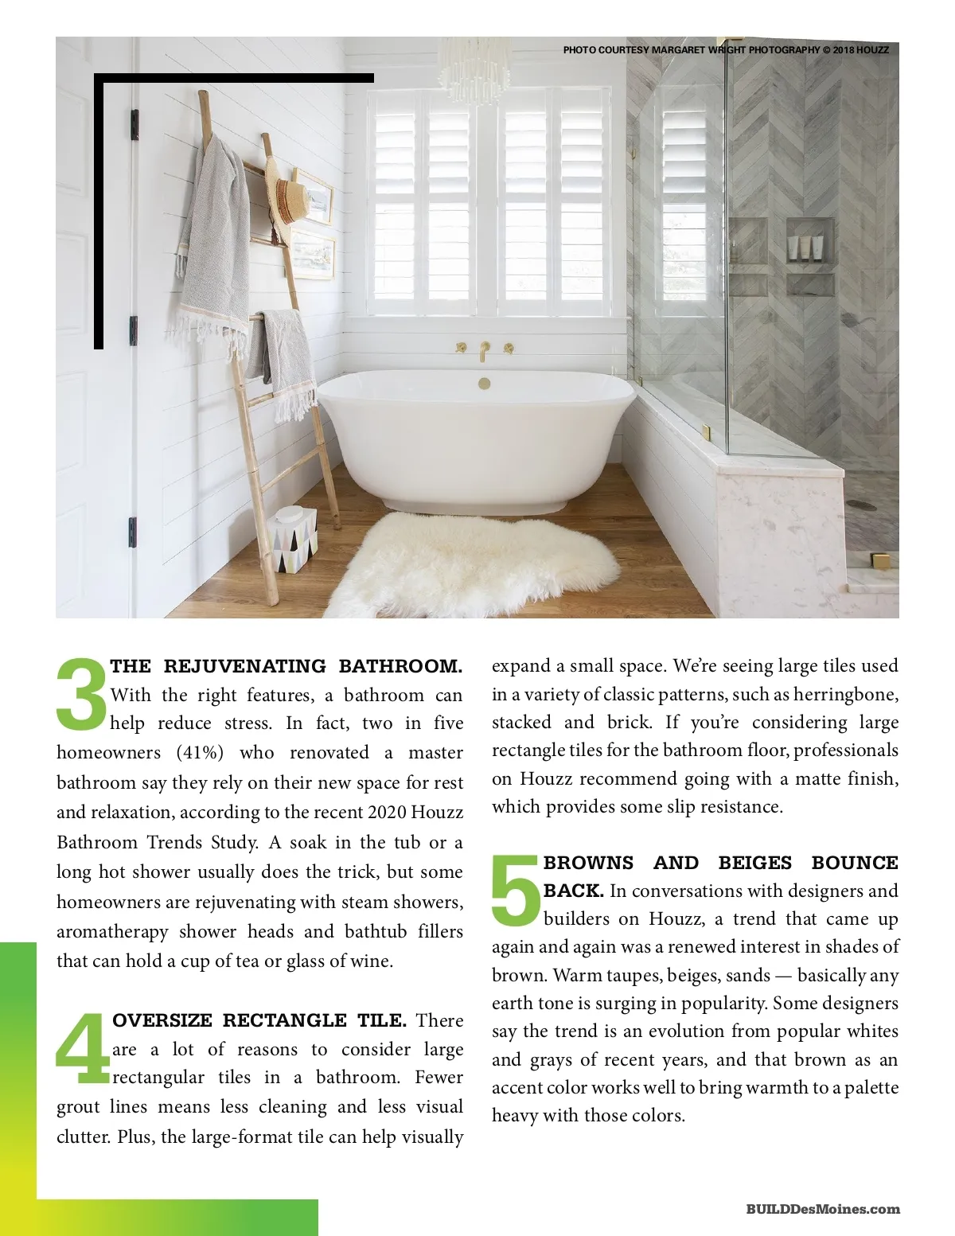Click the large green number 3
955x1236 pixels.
point(82,692)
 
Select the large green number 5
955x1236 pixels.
point(516,890)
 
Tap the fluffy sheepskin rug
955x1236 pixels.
point(477,561)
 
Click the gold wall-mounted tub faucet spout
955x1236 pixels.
point(484,351)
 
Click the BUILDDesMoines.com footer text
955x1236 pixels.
point(823,1209)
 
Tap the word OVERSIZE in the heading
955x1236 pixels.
point(162,1020)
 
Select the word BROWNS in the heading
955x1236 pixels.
point(588,863)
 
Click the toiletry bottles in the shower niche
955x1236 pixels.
point(809,248)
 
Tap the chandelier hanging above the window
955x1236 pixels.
point(475,68)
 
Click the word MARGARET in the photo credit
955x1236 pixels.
point(678,50)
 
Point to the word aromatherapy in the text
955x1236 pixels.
point(112,932)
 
